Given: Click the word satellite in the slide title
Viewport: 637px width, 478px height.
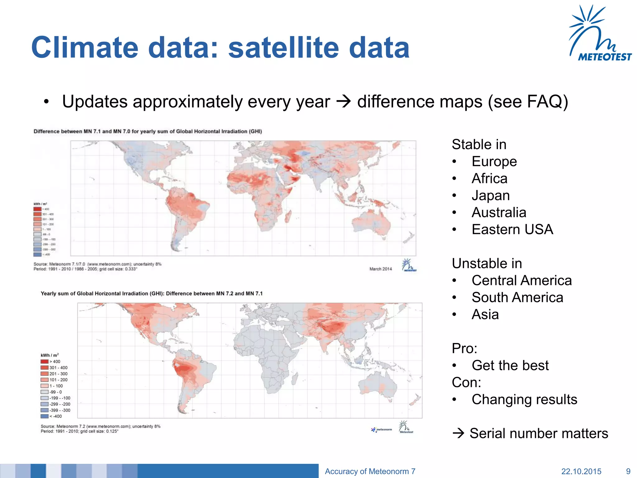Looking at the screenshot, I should [x=283, y=48].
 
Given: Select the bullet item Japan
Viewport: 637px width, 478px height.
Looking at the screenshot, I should [x=491, y=195].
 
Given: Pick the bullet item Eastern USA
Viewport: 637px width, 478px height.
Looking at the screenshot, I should [x=512, y=229].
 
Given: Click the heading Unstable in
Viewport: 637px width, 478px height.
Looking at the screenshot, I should [x=486, y=264].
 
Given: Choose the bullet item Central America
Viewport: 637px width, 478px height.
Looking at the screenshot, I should [x=521, y=280].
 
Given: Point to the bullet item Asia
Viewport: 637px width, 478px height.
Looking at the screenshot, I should [x=485, y=314].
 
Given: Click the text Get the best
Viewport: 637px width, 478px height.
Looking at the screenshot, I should [x=510, y=365].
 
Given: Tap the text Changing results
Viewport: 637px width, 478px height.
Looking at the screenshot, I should [x=524, y=399].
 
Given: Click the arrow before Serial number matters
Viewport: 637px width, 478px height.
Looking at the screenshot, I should [x=458, y=433].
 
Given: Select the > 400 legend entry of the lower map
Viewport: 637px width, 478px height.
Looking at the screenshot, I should [x=51, y=362].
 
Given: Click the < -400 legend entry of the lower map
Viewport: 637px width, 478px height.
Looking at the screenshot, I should [x=52, y=416].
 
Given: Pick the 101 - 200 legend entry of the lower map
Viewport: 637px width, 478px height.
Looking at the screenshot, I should [x=54, y=380].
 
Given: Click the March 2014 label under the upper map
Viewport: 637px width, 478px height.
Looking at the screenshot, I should [x=380, y=269].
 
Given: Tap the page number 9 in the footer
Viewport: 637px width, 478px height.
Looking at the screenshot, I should [x=628, y=471].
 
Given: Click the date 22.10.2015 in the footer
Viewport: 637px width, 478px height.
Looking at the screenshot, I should [x=581, y=471].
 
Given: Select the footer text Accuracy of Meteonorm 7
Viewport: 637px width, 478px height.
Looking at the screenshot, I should [x=370, y=471].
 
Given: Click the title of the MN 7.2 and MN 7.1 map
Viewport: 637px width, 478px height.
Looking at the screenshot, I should [x=151, y=293].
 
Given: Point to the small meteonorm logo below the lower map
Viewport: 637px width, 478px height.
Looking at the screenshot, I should [x=382, y=430].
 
